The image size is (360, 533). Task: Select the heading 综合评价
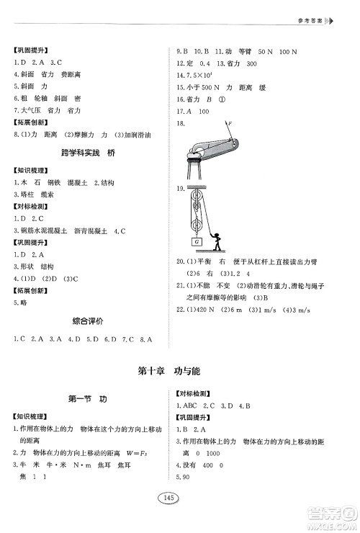pos(84,320)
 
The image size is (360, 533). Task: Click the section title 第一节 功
pos(86,399)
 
